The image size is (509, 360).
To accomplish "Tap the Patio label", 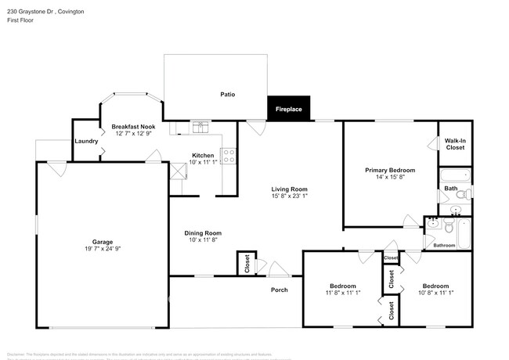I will [x=227, y=95].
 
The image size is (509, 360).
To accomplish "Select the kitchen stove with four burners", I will [x=229, y=156].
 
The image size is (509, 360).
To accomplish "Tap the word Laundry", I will [x=85, y=142].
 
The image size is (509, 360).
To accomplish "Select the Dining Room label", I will [x=203, y=233].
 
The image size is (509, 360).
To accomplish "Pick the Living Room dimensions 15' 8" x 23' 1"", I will [x=289, y=196].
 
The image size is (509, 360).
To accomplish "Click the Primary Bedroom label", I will [x=390, y=170].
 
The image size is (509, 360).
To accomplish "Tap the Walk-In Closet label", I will [x=455, y=143].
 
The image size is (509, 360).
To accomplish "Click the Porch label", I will [x=280, y=290].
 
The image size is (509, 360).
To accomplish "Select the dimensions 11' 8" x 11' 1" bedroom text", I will [x=342, y=293].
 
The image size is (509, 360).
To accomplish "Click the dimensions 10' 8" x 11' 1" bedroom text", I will [x=433, y=293].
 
